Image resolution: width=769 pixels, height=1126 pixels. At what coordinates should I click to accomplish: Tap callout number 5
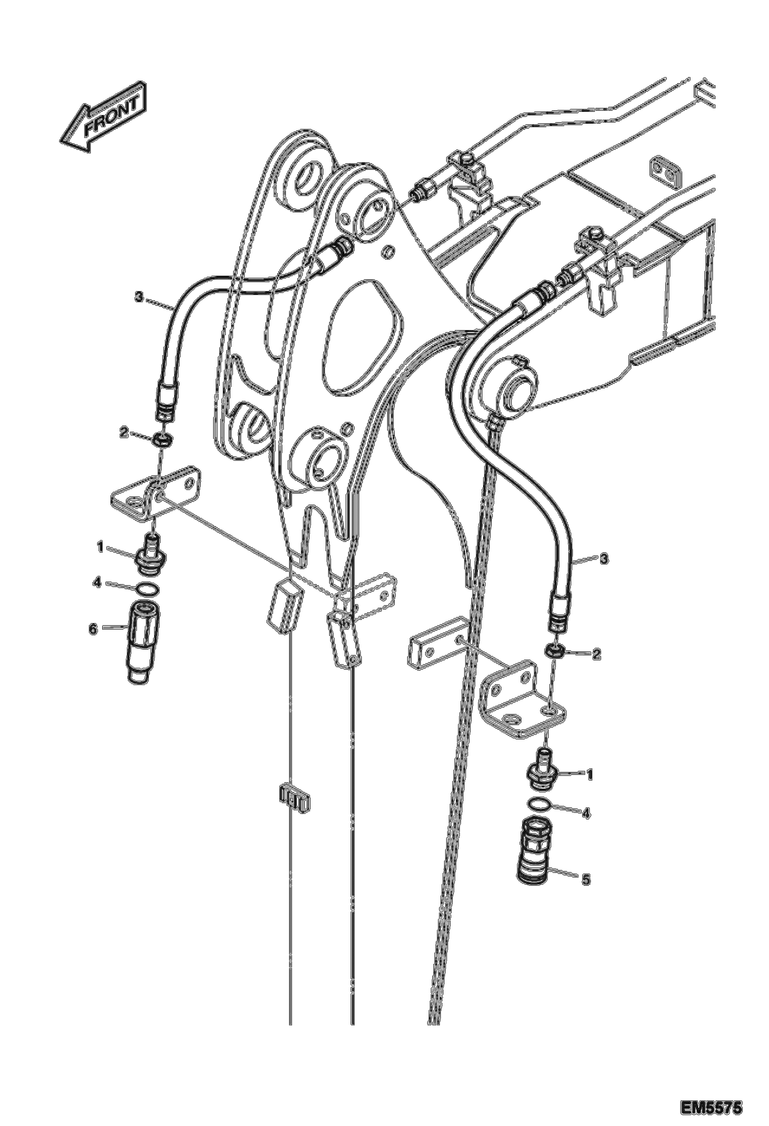(x=586, y=880)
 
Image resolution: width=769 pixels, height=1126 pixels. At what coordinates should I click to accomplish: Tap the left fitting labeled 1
(x=151, y=555)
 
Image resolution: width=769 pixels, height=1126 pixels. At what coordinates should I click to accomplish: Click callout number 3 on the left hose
(x=138, y=296)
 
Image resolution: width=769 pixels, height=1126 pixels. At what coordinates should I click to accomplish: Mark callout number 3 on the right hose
(x=604, y=558)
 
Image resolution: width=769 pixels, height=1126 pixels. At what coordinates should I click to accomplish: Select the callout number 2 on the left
(x=123, y=433)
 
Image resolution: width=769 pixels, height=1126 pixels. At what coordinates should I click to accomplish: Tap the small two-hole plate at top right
(x=665, y=170)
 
